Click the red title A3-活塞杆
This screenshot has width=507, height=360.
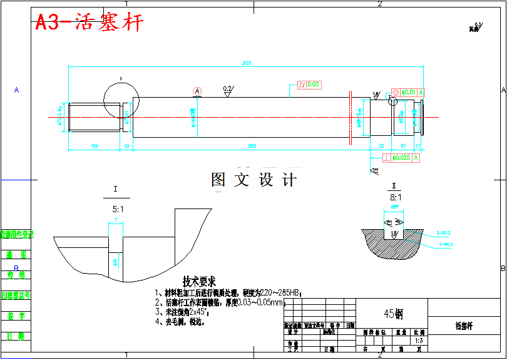pos(89,23)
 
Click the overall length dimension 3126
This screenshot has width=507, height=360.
pos(247,63)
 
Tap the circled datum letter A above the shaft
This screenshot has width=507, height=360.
pos(198,91)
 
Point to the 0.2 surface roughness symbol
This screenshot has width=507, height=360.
pos(228,90)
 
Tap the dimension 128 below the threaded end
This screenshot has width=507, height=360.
pos(95,145)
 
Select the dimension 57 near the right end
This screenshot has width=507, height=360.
pos(402,145)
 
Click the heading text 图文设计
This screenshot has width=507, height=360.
pos(253,180)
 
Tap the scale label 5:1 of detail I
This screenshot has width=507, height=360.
pos(118,209)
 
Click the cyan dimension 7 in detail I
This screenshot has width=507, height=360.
pos(116,220)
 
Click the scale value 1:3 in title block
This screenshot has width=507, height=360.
pos(419,341)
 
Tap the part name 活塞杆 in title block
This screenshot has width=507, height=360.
pos(464,326)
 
